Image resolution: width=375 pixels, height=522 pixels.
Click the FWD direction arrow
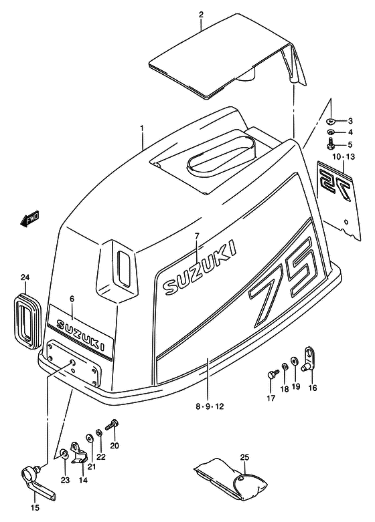coord(29,219)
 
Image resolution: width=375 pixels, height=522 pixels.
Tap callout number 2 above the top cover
coord(201,14)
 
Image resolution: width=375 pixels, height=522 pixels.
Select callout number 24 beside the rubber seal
coord(25,277)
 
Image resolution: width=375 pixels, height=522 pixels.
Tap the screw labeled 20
coord(112,425)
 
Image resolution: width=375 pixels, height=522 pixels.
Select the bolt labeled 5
coord(331,144)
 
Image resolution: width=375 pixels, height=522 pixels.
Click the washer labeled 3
coord(330,121)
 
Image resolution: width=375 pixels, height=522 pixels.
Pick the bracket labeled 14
coord(79,452)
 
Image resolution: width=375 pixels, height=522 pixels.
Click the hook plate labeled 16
coord(309,358)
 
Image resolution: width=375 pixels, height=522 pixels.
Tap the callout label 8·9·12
coord(210,406)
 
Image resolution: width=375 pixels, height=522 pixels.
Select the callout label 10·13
coord(344,156)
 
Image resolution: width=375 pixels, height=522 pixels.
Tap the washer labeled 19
coord(295,360)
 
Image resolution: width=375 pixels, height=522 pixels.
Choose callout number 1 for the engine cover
coord(142,128)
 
